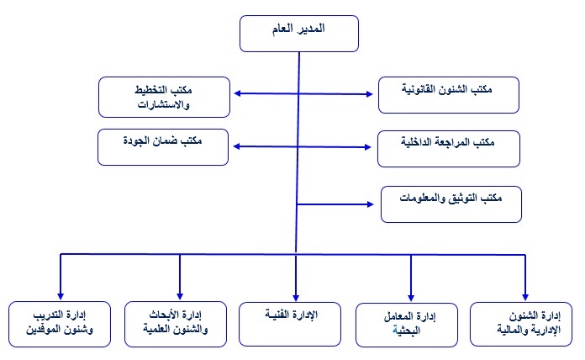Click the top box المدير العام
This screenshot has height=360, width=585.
[x=300, y=34]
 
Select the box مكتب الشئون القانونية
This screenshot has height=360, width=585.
[x=435, y=95]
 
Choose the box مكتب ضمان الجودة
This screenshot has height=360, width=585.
[x=164, y=146]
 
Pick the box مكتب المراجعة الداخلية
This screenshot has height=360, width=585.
[x=435, y=147]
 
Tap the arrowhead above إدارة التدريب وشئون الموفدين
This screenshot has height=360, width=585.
[x=61, y=291]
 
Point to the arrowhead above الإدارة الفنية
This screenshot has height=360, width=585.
[x=296, y=291]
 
